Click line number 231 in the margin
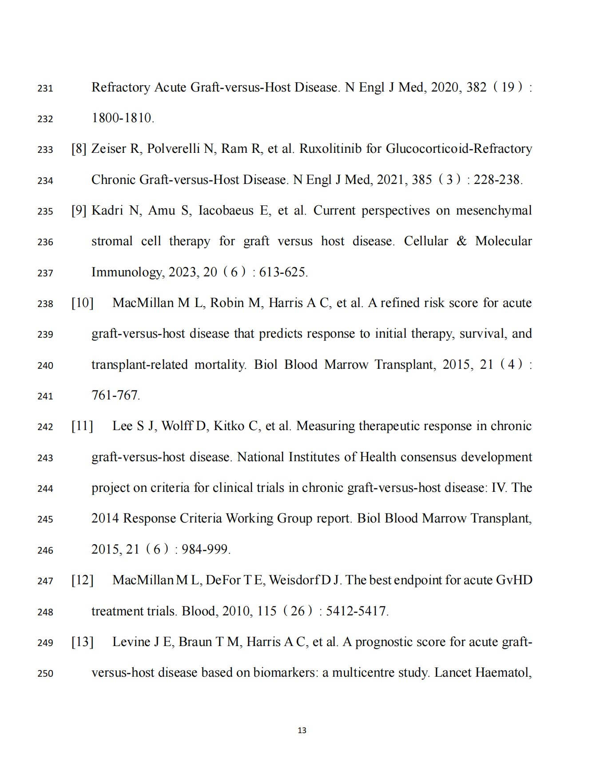point(45,88)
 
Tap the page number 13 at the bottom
point(302,730)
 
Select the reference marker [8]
point(79,148)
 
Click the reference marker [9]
point(79,210)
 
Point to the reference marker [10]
point(83,303)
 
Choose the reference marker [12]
point(83,580)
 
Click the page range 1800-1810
point(122,118)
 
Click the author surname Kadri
point(107,210)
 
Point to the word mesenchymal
point(494,210)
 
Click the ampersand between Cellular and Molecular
point(462,241)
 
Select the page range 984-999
point(205,549)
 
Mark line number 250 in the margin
point(45,673)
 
